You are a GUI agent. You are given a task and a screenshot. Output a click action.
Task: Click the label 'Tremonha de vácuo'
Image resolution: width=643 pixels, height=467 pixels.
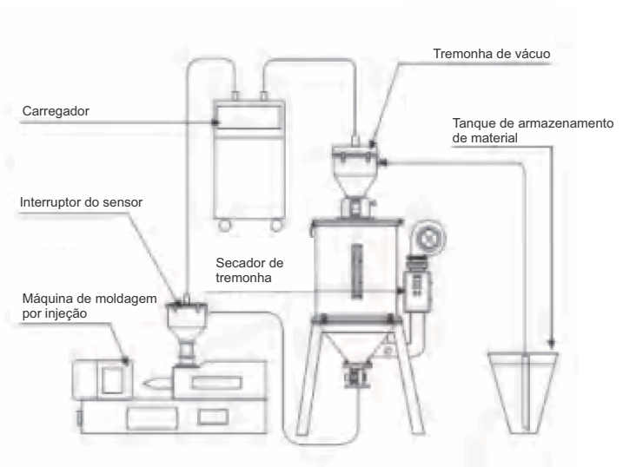pos(492,54)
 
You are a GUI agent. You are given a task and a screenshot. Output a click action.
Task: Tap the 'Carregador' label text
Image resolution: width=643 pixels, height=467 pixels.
pos(56,111)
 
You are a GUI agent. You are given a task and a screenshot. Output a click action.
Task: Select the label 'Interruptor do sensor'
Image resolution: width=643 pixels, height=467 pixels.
pos(81,202)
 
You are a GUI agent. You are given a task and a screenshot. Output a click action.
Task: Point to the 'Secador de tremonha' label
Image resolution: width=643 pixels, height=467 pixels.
pos(249,270)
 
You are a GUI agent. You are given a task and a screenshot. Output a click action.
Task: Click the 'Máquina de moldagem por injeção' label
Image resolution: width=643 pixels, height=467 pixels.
pos(89,306)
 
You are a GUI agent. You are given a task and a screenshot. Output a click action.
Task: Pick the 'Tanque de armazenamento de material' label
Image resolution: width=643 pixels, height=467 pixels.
pos(533,130)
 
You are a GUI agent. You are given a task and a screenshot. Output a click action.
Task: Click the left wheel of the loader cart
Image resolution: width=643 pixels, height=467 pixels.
pos(224,225)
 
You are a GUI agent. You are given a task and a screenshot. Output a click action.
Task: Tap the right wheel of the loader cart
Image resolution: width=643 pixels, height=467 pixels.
pos(276,225)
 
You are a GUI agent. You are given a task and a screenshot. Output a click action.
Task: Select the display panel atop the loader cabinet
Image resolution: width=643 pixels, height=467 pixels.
pos(249,116)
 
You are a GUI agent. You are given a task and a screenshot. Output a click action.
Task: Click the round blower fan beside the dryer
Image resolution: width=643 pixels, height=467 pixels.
pos(428,238)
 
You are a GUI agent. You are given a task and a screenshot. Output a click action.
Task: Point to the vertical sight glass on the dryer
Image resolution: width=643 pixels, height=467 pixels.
pos(357,271)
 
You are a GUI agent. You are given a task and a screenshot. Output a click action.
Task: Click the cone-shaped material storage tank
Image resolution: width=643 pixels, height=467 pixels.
pos(523,392)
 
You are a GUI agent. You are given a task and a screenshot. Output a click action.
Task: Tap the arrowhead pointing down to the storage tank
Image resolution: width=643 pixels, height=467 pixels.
pos(552,343)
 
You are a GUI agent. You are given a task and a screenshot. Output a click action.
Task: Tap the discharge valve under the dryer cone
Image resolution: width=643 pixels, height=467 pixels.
pos(355,374)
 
